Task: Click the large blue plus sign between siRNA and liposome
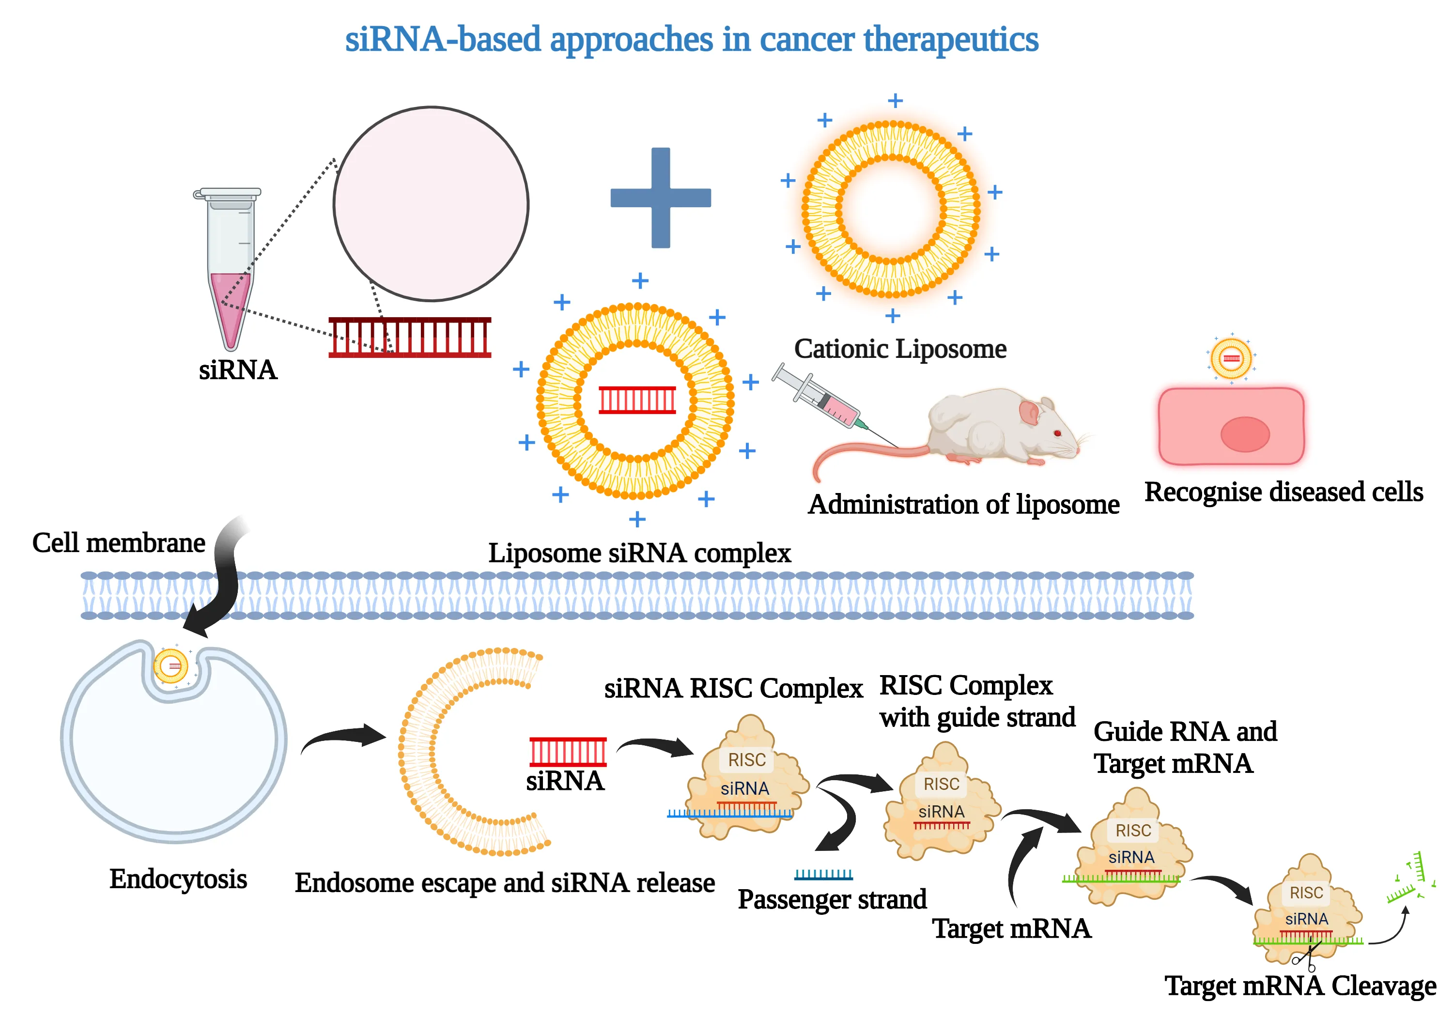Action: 660,198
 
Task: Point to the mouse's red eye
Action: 1057,433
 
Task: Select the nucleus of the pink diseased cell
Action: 1244,434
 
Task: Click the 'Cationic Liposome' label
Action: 899,349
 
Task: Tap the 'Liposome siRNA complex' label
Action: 639,553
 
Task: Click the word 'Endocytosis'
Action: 178,878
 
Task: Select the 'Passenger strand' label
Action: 832,899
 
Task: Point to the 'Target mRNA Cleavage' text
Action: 1300,986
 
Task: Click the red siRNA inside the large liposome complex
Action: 637,400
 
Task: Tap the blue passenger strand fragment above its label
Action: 823,875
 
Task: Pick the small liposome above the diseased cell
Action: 1231,357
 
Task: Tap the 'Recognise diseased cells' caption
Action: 1283,492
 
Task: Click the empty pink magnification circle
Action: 431,204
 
